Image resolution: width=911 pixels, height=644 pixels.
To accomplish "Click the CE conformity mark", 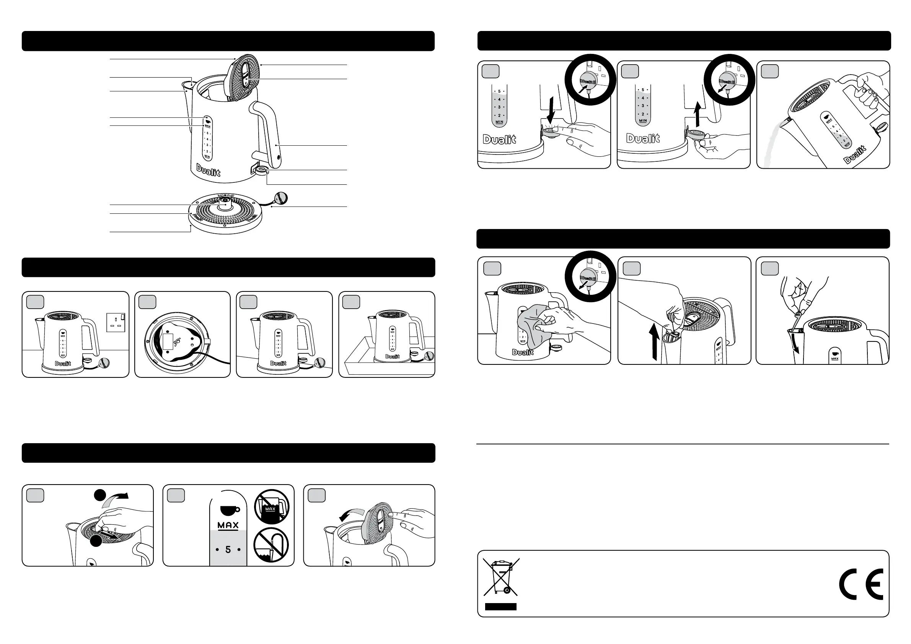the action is point(860,584).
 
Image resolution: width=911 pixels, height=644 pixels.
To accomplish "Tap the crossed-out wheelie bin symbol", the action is point(501,577).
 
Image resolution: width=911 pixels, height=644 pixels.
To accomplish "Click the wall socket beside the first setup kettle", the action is point(116,322).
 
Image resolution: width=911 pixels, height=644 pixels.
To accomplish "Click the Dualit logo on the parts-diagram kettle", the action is point(208,170).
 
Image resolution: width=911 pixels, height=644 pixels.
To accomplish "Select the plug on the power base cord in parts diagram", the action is point(281,198).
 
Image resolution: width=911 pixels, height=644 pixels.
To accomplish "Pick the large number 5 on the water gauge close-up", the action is point(228,550).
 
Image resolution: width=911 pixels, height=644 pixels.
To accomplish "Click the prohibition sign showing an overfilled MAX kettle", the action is point(272,506).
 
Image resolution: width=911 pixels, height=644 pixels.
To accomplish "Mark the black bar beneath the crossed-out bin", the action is point(501,606).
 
